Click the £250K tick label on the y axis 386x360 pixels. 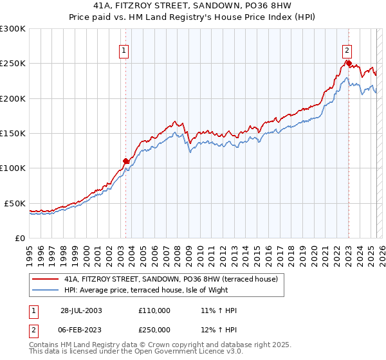point(13,64)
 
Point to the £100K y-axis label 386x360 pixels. point(13,168)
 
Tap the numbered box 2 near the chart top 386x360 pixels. point(347,51)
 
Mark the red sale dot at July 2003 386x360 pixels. point(126,161)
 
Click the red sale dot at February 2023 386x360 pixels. point(348,63)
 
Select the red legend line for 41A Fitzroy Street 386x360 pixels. point(44,279)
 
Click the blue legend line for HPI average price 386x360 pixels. point(44,290)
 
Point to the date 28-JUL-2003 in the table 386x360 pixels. point(82,310)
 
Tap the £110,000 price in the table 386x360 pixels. point(154,310)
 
